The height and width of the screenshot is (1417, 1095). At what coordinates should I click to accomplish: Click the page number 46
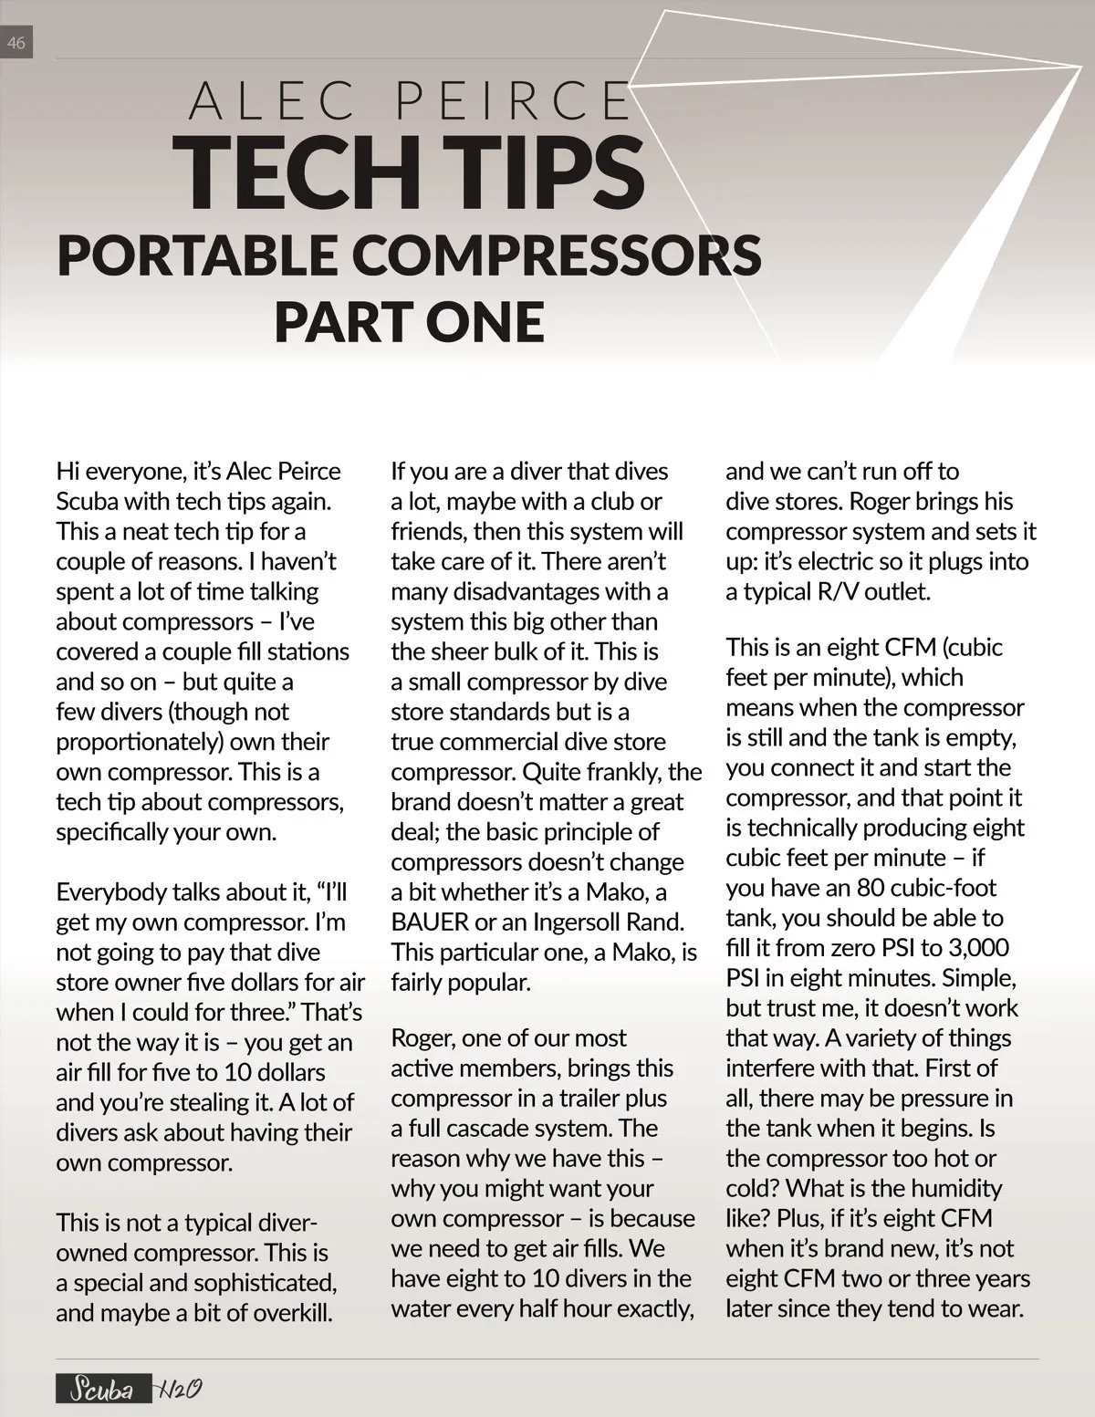coord(16,42)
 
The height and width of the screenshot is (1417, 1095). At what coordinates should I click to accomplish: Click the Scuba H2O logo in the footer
coord(129,1390)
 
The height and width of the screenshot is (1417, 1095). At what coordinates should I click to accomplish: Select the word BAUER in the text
coord(430,922)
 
